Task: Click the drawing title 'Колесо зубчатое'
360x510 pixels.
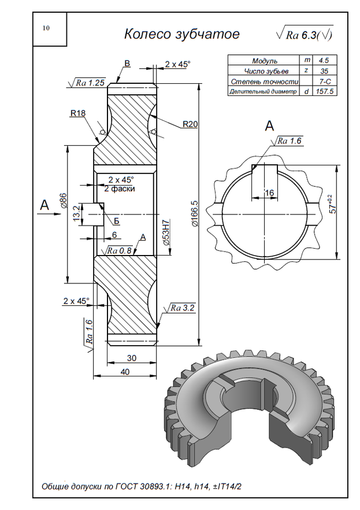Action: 181,34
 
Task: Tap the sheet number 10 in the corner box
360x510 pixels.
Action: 46,28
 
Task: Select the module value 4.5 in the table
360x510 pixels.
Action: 324,60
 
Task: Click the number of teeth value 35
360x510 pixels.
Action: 324,71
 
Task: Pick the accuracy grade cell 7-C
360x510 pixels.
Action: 324,81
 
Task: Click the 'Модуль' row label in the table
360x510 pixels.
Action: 265,60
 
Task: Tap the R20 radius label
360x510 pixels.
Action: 190,124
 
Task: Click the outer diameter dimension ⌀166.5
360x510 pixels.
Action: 194,213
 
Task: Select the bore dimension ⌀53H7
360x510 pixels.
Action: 166,234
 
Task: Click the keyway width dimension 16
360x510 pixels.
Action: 269,192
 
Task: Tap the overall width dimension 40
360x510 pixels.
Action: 125,372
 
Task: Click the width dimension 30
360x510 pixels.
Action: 132,358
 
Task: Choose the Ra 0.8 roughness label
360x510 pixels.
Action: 121,250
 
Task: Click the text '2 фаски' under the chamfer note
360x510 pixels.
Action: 120,189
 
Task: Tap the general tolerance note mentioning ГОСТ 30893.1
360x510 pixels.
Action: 142,486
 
